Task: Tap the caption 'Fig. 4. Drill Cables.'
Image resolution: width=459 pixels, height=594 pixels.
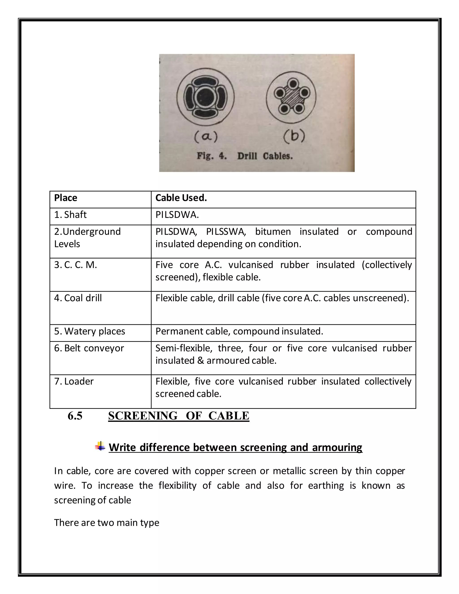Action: (x=245, y=156)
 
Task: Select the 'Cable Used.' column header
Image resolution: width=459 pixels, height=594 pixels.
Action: (x=181, y=198)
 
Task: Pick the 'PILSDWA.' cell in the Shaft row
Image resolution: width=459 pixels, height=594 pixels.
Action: (x=177, y=215)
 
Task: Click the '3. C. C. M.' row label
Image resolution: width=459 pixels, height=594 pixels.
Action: (x=75, y=265)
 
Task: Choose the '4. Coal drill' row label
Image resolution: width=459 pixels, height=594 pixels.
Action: (x=78, y=298)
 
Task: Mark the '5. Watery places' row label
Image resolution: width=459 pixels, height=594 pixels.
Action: (x=89, y=331)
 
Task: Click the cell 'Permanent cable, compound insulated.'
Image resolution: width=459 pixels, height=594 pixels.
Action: (x=239, y=331)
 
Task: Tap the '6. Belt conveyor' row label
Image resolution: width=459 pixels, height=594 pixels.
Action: (x=89, y=348)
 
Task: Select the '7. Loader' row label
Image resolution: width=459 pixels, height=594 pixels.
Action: (x=74, y=381)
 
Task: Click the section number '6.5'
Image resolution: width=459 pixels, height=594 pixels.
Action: (x=75, y=416)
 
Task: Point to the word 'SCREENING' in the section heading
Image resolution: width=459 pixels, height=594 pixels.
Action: (x=143, y=416)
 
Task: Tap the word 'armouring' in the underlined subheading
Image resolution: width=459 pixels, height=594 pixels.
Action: (x=337, y=447)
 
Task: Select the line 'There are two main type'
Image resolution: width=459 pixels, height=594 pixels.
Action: (x=107, y=522)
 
